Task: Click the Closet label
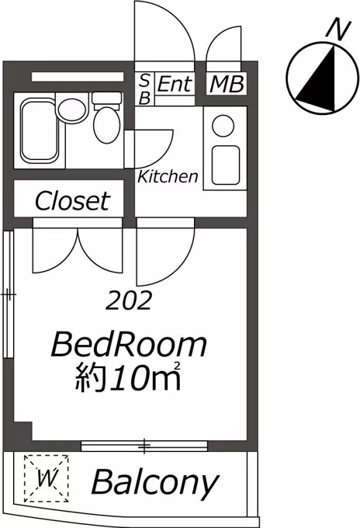[x=72, y=201]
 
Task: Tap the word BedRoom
[x=129, y=345]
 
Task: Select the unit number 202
[x=128, y=300]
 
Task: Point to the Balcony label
[x=155, y=484]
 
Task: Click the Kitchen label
[x=168, y=177]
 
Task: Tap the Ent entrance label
[x=175, y=84]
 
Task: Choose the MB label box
[x=226, y=84]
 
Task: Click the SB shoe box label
[x=144, y=89]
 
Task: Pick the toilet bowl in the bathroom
[x=106, y=125]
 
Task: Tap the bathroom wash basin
[x=71, y=110]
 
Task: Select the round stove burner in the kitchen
[x=223, y=126]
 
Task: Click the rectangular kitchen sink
[x=226, y=165]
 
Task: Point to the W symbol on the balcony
[x=46, y=478]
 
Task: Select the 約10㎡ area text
[x=128, y=378]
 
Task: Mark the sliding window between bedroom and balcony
[x=144, y=446]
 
